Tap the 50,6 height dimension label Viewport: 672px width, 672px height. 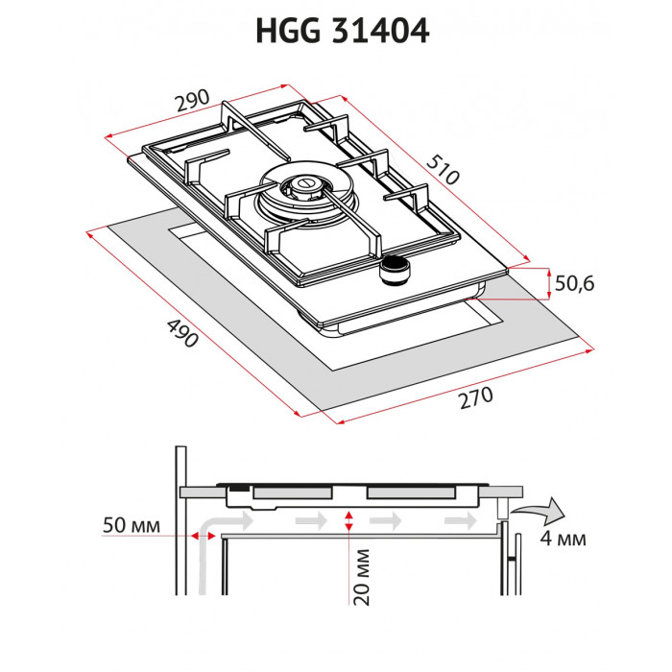[575, 283]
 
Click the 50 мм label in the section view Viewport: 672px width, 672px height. [131, 526]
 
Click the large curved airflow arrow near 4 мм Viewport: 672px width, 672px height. [538, 507]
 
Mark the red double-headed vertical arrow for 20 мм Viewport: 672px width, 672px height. [349, 520]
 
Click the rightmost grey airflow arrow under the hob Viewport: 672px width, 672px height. [459, 519]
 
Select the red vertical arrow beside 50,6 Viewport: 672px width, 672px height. [547, 282]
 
